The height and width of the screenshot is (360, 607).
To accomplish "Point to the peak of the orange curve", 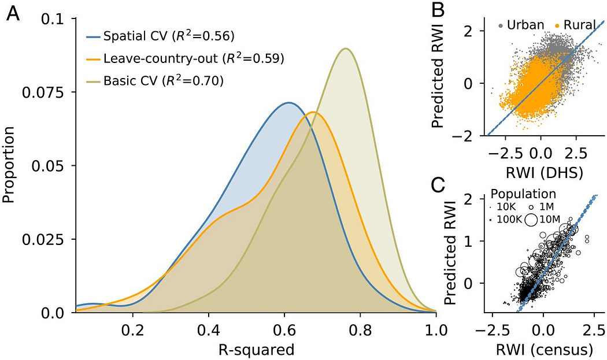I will tap(313, 112).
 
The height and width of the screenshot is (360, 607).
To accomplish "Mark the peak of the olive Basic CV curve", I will tap(346, 49).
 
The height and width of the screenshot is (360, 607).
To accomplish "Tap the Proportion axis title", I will tap(10, 166).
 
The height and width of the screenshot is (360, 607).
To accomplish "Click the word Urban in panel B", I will tap(524, 25).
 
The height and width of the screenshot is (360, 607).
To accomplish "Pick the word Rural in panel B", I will tap(580, 25).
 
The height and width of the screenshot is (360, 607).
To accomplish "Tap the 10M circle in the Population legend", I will tap(531, 219).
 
